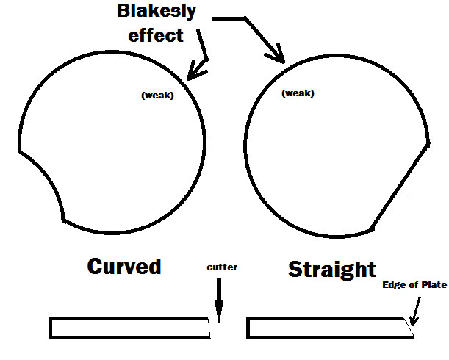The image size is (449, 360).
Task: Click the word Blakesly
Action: pyautogui.click(x=157, y=12)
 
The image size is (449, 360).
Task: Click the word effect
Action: pyautogui.click(x=156, y=35)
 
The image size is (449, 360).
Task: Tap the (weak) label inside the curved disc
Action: pyautogui.click(x=157, y=95)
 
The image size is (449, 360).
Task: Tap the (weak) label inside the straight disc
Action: pyautogui.click(x=298, y=93)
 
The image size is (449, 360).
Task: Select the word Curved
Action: pyautogui.click(x=124, y=267)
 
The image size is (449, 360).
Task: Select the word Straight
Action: pyautogui.click(x=332, y=269)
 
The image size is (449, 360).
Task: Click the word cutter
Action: pyautogui.click(x=222, y=267)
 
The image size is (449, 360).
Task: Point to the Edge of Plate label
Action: pyautogui.click(x=414, y=284)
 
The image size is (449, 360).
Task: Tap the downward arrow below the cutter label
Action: pyautogui.click(x=219, y=300)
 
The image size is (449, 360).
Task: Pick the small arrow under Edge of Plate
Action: pyautogui.click(x=415, y=312)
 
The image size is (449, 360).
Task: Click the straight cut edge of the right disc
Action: pyautogui.click(x=400, y=187)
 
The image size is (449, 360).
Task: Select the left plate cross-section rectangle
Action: pyautogui.click(x=129, y=328)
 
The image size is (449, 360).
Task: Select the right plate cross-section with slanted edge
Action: pyautogui.click(x=330, y=328)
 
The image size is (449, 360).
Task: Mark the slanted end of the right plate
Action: pyautogui.click(x=409, y=328)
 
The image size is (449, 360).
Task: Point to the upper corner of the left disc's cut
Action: pyautogui.click(x=20, y=151)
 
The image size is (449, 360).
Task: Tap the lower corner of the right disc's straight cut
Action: pyautogui.click(x=371, y=229)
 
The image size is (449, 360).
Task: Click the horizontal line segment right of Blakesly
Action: pyautogui.click(x=229, y=18)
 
